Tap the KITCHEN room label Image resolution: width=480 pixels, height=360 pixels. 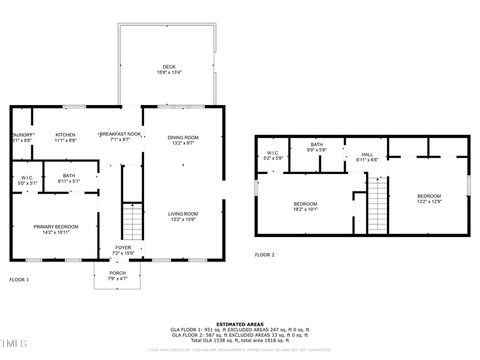[x=65, y=134]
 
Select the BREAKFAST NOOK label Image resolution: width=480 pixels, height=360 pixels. [x=120, y=134]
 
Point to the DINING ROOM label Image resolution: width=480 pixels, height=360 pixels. [x=183, y=137]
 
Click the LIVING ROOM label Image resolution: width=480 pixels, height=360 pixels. [x=183, y=214]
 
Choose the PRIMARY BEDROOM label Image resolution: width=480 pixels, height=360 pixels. [x=56, y=226]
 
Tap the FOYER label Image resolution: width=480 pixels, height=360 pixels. [x=123, y=248]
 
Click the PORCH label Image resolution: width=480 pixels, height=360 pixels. [x=118, y=273]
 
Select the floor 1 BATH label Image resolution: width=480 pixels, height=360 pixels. [x=69, y=175]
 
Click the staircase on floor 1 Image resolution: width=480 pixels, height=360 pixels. [x=132, y=222]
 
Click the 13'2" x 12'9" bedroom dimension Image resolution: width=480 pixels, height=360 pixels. [x=429, y=202]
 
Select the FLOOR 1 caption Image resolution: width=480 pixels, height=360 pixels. [x=19, y=280]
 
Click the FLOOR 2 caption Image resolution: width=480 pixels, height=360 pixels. [x=265, y=255]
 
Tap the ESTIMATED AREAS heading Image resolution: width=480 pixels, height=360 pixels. [x=240, y=324]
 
